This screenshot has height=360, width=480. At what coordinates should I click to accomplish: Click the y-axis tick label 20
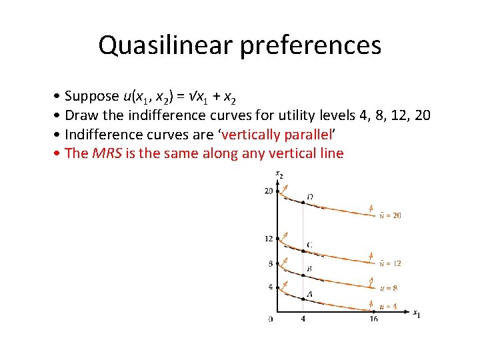269,191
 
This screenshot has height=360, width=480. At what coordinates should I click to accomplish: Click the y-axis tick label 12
269,239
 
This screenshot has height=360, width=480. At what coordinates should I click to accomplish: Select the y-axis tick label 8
270,263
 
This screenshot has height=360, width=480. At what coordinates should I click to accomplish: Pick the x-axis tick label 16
373,319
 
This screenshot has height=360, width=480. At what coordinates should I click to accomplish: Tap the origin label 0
270,319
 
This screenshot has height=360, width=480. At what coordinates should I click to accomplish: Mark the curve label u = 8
387,288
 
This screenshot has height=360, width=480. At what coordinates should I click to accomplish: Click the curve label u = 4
387,307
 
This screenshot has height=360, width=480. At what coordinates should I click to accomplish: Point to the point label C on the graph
309,245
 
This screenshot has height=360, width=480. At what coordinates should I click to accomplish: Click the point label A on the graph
309,294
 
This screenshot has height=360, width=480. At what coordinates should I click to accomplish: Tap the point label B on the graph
309,269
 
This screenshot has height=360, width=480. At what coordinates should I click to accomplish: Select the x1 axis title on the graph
416,313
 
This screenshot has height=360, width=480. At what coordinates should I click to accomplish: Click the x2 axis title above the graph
279,175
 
